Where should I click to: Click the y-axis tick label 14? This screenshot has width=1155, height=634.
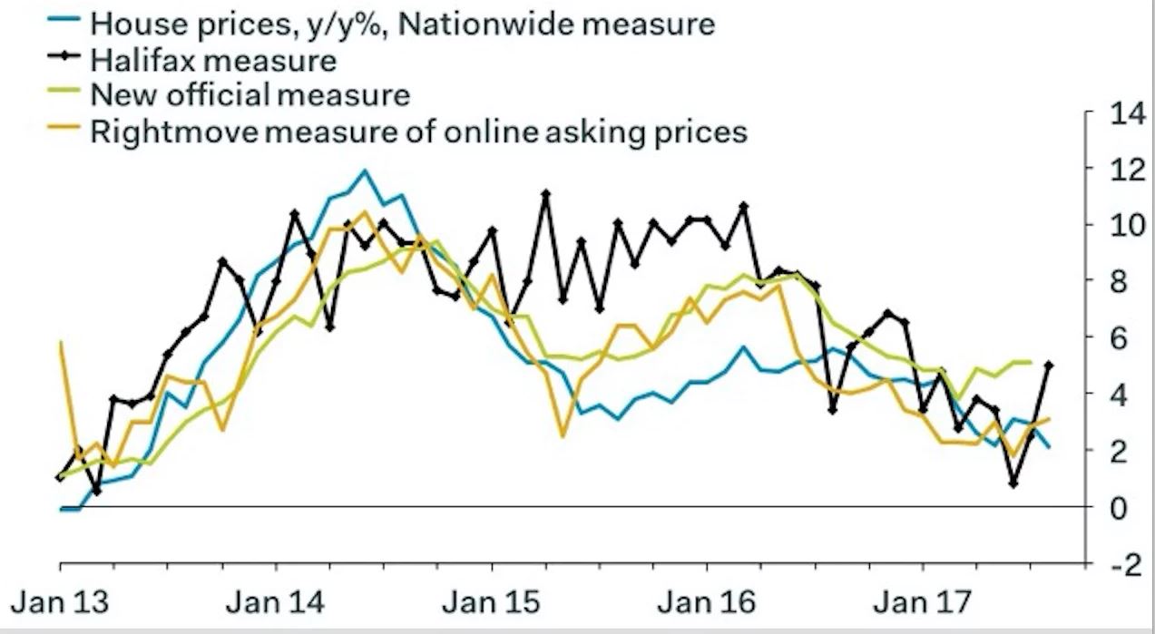pyautogui.click(x=1122, y=113)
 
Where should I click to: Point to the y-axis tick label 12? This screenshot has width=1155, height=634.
pyautogui.click(x=1122, y=170)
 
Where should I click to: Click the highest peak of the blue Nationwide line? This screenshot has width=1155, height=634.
pyautogui.click(x=365, y=170)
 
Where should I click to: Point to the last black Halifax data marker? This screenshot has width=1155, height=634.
pyautogui.click(x=1050, y=365)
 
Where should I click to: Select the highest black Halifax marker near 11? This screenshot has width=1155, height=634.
pyautogui.click(x=545, y=193)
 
